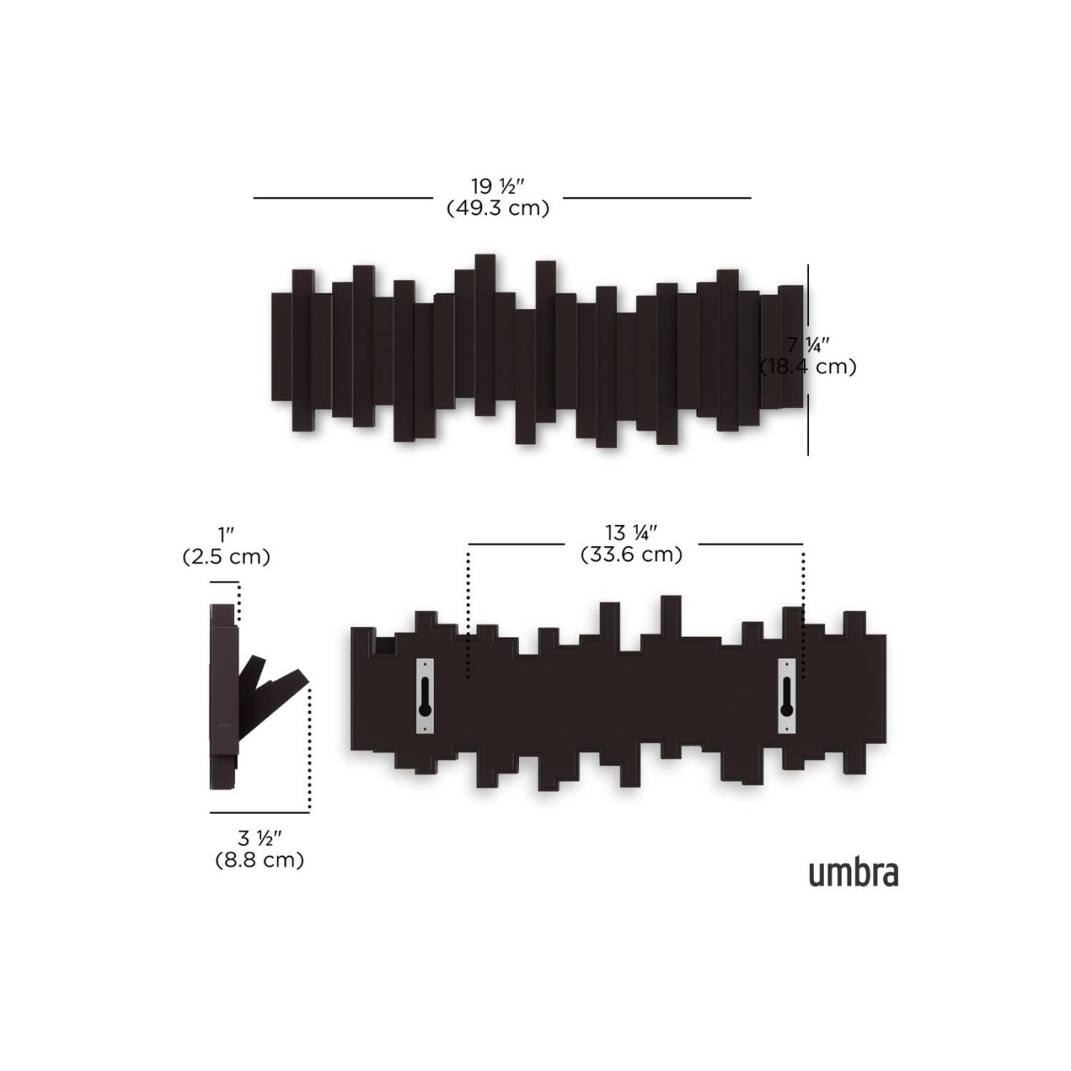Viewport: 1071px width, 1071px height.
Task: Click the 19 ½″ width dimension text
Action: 498,185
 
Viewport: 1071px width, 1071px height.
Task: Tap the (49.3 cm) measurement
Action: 498,208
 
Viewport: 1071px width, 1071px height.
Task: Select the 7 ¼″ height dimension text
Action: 808,344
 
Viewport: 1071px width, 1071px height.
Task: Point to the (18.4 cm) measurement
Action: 807,367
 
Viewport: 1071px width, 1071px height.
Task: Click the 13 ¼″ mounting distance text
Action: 631,532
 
